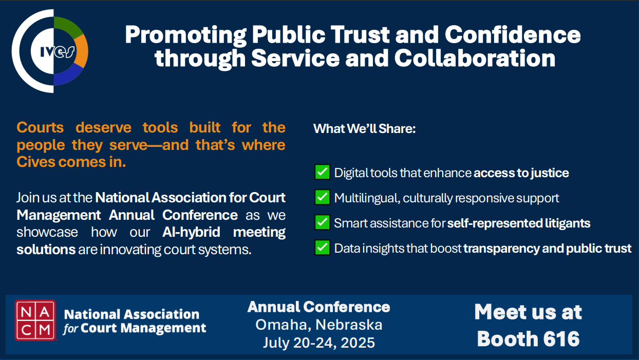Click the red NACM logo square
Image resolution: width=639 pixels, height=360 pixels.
point(35,320)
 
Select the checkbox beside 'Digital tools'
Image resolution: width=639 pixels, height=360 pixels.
point(323,172)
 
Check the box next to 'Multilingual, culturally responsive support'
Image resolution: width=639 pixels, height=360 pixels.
point(323,197)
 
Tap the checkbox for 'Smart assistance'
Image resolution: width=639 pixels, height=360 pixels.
point(323,222)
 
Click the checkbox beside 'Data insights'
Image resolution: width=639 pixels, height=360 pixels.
point(323,248)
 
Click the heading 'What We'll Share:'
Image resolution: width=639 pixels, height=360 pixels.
point(365,129)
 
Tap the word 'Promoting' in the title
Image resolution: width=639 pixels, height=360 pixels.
point(186,35)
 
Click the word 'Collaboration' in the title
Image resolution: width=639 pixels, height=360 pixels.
point(475,59)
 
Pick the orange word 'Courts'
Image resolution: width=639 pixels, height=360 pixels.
point(40,127)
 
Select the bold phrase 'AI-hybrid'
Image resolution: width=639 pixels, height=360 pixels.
point(191,232)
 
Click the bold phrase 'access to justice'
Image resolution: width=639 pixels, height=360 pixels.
point(521,173)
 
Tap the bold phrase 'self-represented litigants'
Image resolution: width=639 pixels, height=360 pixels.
point(519,223)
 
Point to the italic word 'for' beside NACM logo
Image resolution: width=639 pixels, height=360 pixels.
point(70,329)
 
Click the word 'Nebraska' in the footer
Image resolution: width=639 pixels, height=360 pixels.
point(349,325)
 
